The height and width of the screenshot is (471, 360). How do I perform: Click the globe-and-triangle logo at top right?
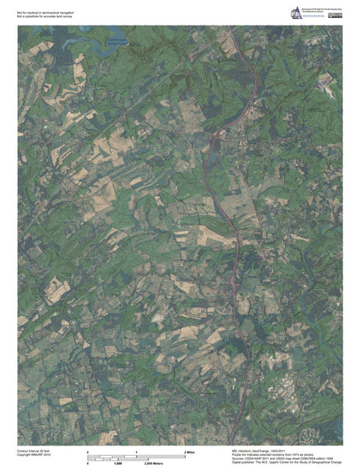tap(296, 12)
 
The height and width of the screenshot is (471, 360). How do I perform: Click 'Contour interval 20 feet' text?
tap(33, 451)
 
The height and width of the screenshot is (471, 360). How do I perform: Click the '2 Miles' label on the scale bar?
tap(190, 453)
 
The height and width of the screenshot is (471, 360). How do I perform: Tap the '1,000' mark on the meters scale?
tap(118, 464)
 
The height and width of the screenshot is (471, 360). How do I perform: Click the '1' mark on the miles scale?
tap(136, 453)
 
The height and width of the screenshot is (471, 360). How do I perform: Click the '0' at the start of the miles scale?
tap(88, 453)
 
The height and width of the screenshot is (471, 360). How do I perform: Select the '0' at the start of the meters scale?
tap(88, 464)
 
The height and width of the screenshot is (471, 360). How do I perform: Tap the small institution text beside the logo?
tap(321, 10)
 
